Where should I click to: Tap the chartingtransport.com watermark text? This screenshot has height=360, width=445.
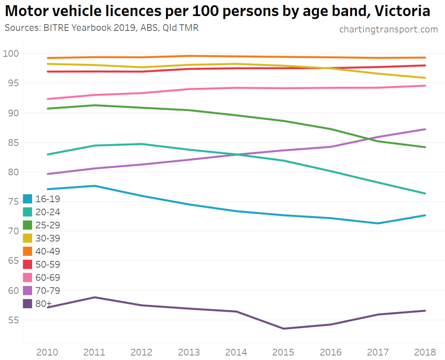coord(388,29)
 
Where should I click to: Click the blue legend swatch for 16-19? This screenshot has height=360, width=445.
coord(27,199)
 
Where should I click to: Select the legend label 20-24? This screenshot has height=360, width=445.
coord(48,212)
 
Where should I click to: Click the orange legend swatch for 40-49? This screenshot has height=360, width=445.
coord(27,251)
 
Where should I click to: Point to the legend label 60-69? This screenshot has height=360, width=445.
coord(48,277)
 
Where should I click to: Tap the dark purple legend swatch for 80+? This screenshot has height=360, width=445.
coord(27,303)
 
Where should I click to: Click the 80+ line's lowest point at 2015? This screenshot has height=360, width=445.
coord(284,328)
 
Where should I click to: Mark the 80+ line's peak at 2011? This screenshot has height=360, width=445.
coord(95,297)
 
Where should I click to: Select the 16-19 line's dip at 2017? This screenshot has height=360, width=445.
coord(378,223)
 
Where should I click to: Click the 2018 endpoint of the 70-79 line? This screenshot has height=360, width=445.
coord(425,129)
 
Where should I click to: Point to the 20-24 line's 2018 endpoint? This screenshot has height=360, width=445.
coord(425,193)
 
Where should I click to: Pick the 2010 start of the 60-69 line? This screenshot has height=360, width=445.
coord(48,99)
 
